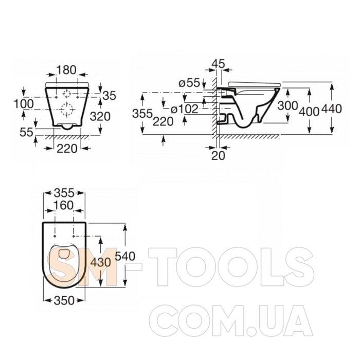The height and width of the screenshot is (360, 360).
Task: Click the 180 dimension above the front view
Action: [66, 70]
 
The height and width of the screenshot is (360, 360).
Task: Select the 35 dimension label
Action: [110, 95]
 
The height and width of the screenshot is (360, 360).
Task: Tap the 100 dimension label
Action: [24, 104]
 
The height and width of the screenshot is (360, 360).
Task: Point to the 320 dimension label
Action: [100, 116]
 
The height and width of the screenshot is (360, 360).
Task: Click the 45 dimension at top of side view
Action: [219, 64]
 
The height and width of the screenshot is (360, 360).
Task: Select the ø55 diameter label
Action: [189, 83]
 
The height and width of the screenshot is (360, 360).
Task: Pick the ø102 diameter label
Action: [185, 109]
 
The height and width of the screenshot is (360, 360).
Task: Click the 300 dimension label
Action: [287, 105]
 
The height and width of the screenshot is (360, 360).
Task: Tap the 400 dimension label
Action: [309, 112]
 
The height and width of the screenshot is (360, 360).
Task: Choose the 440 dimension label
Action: [332, 109]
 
